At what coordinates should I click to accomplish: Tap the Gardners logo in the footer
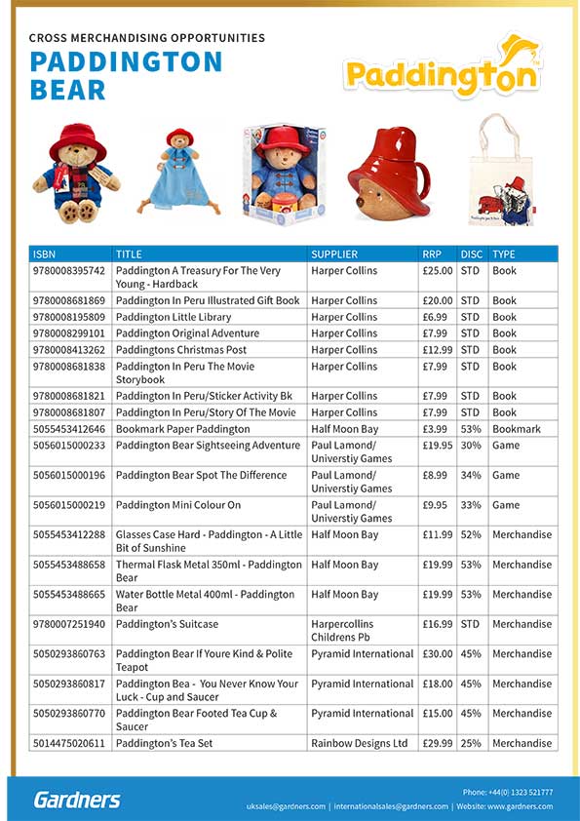[77, 800]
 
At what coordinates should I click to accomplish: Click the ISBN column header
[45, 254]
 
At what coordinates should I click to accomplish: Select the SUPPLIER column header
[334, 254]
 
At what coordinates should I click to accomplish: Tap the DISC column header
[471, 254]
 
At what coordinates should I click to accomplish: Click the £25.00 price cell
[437, 271]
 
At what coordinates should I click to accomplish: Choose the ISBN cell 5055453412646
[69, 429]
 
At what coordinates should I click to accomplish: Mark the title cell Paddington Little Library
[174, 317]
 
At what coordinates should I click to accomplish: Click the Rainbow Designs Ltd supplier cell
[359, 743]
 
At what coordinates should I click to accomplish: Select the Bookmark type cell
[516, 429]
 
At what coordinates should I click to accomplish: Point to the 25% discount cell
[470, 743]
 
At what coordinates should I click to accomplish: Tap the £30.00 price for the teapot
[437, 654]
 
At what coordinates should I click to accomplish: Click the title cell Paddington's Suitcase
[167, 624]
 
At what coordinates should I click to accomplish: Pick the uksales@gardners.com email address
[284, 806]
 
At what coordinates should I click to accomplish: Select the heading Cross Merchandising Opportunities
[147, 38]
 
